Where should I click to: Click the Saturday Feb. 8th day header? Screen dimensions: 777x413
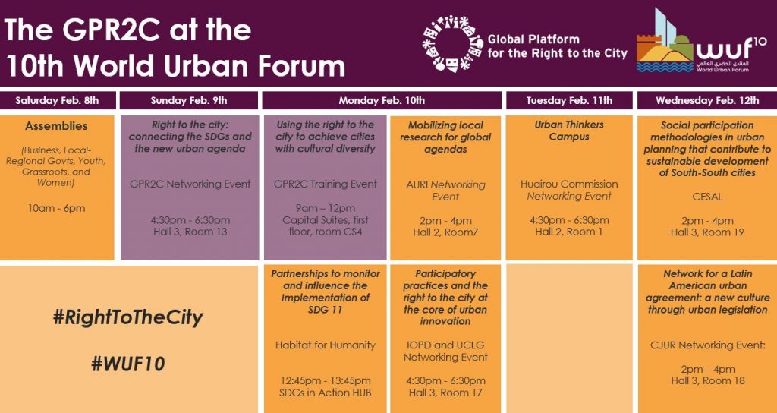click(57, 101)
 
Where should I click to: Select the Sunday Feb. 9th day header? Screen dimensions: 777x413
click(189, 101)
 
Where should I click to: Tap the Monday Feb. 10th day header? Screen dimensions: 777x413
click(382, 101)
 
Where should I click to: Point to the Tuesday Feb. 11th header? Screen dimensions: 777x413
click(569, 101)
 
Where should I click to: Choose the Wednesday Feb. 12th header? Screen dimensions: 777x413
click(707, 101)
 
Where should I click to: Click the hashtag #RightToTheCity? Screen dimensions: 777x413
click(127, 318)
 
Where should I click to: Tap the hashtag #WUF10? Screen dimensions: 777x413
click(127, 364)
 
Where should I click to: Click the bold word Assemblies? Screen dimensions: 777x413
click(56, 126)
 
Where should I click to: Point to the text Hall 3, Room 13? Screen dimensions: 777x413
click(190, 232)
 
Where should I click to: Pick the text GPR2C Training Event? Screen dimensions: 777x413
click(325, 184)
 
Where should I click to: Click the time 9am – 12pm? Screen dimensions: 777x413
click(325, 208)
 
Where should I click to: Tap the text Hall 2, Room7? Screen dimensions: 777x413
click(445, 232)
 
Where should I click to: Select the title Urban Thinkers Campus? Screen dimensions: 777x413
click(569, 131)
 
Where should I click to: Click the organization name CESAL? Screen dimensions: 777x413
click(707, 197)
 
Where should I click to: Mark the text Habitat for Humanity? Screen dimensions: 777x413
click(326, 345)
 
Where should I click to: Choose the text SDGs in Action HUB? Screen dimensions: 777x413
click(326, 393)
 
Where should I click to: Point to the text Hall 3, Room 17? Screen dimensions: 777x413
click(445, 393)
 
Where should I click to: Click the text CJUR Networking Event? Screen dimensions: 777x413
click(707, 345)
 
